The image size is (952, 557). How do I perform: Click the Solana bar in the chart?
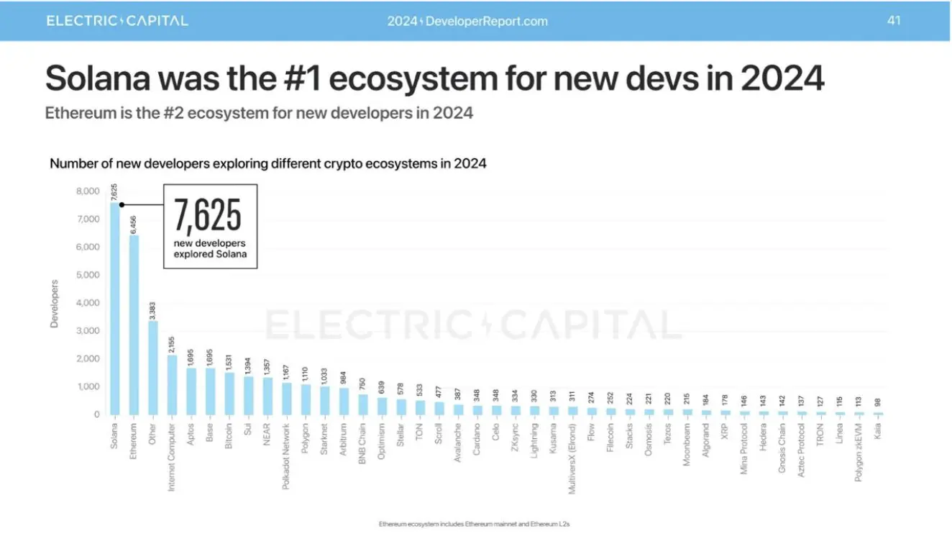pyautogui.click(x=114, y=309)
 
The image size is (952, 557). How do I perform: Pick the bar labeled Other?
pyautogui.click(x=152, y=368)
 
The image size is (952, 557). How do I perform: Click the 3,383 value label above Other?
pyautogui.click(x=152, y=312)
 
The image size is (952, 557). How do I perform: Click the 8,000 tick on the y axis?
pyautogui.click(x=87, y=191)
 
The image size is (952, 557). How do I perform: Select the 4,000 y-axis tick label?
pyautogui.click(x=87, y=303)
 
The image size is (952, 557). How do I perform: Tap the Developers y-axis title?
pyautogui.click(x=55, y=303)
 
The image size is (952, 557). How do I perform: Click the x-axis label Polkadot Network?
pyautogui.click(x=286, y=456)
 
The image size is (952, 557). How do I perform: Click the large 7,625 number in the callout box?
pyautogui.click(x=208, y=214)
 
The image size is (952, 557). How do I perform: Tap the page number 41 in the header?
pyautogui.click(x=894, y=20)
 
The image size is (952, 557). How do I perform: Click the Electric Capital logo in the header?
pyautogui.click(x=117, y=20)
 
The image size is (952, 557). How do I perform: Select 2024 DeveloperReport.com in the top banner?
pyautogui.click(x=467, y=21)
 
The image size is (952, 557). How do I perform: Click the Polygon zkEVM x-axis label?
pyautogui.click(x=859, y=453)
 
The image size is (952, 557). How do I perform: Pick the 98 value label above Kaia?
pyautogui.click(x=878, y=404)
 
